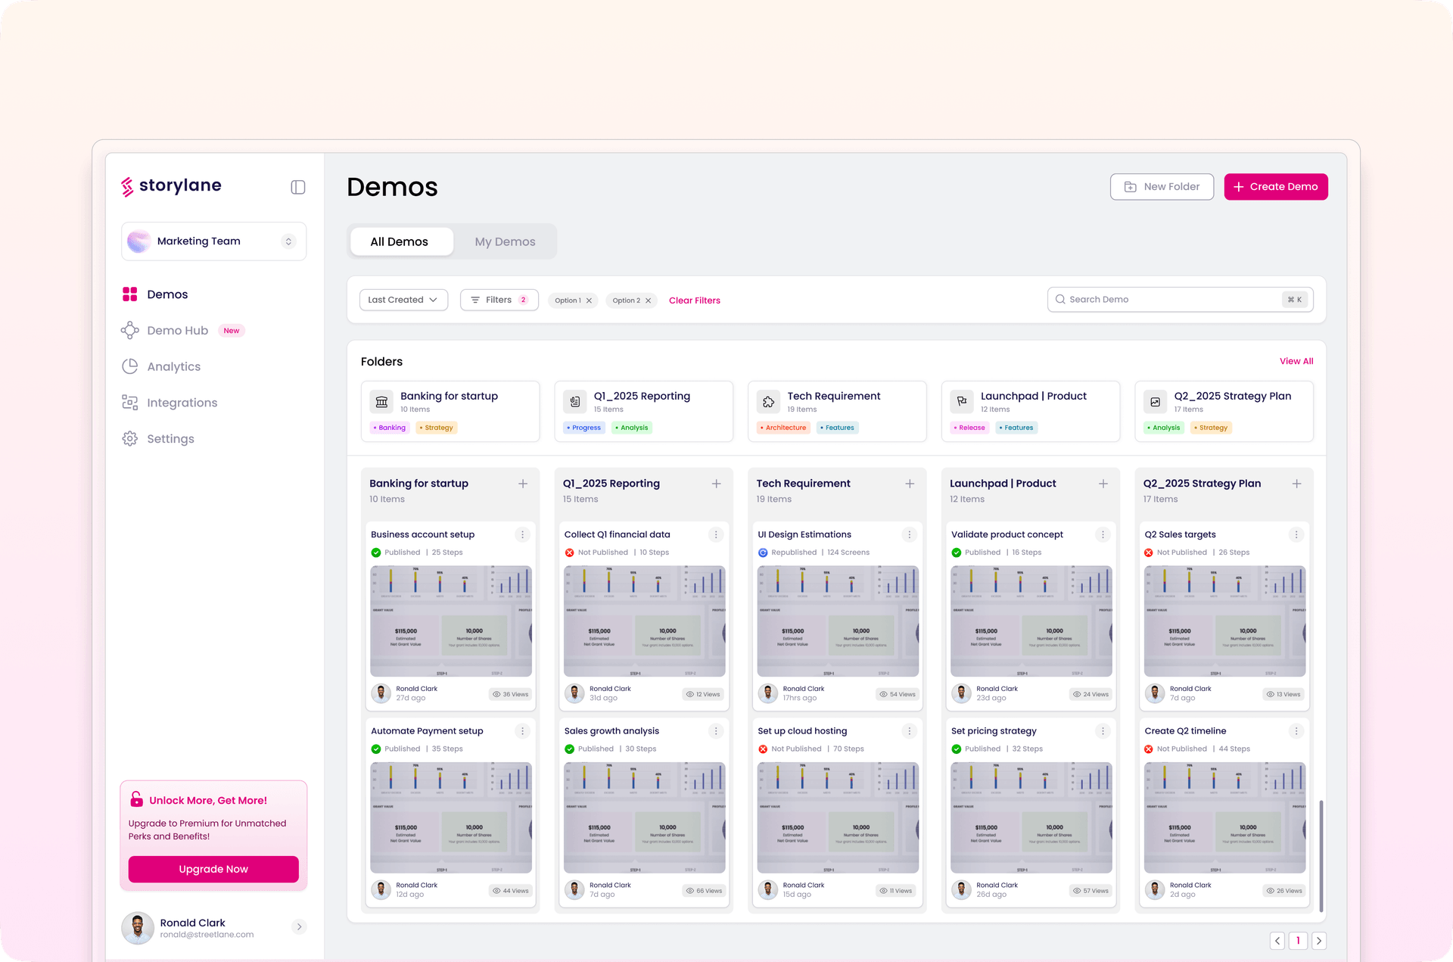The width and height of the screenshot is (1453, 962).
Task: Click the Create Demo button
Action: [x=1275, y=187]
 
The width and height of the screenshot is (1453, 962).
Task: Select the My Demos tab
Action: [x=505, y=242]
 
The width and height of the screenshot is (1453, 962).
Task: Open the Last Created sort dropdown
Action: [x=403, y=300]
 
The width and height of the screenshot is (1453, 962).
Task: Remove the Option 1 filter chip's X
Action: [x=589, y=301]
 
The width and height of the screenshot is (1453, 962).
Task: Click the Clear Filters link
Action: [x=694, y=301]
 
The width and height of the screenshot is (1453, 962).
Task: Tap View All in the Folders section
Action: [x=1296, y=362]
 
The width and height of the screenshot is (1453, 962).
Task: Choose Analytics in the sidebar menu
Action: [x=173, y=367]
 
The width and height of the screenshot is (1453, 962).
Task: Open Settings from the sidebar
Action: [x=170, y=439]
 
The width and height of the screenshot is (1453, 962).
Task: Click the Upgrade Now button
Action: [x=213, y=870]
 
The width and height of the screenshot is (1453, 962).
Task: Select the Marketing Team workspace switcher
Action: [x=213, y=241]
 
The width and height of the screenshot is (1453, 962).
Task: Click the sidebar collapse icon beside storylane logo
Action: [x=298, y=188]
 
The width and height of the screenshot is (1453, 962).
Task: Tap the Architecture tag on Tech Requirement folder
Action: [x=784, y=428]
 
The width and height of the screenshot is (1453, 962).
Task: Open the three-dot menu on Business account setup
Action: [x=522, y=535]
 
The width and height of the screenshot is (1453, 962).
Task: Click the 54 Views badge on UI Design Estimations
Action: [x=898, y=695]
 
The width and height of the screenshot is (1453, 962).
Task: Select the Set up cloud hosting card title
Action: [x=802, y=731]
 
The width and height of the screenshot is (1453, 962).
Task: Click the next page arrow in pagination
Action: [x=1318, y=941]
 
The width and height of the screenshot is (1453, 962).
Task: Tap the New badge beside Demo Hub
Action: [x=232, y=331]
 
